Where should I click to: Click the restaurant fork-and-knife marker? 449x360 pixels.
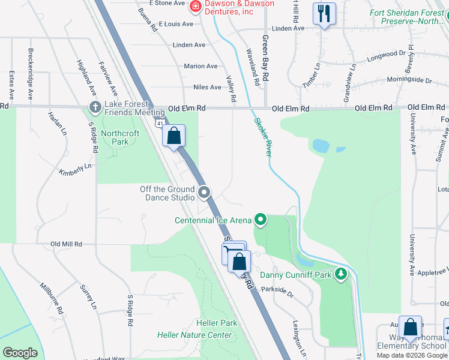tap(325, 14)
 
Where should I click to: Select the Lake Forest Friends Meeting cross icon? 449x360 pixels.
tap(95, 107)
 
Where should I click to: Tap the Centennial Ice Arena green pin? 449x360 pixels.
tap(260, 220)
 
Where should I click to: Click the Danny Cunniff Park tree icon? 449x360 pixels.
tap(342, 275)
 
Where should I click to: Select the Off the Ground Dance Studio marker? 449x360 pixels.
tap(204, 193)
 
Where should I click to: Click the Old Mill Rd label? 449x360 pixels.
tap(65, 244)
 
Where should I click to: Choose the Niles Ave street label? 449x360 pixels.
tap(207, 87)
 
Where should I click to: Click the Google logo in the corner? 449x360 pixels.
tap(20, 353)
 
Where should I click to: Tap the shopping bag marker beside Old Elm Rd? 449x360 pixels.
tap(173, 136)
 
